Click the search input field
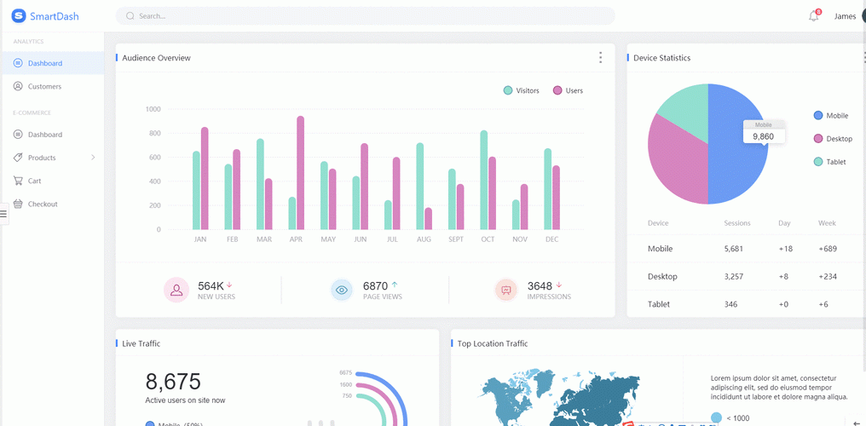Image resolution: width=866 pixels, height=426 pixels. (x=367, y=16)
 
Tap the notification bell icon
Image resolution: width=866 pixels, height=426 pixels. (x=813, y=16)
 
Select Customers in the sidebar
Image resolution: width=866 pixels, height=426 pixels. (x=44, y=86)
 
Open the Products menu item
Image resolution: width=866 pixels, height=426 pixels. (x=42, y=158)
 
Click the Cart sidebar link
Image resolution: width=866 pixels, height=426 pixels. (x=34, y=181)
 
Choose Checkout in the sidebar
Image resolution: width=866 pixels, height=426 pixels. (x=43, y=204)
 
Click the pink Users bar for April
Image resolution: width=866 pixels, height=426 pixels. (x=300, y=173)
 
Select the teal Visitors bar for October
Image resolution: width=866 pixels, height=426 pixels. (x=484, y=180)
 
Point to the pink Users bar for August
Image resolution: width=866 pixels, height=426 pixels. (x=428, y=219)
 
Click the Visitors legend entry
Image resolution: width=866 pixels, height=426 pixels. (x=521, y=90)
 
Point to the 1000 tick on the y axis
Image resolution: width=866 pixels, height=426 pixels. (x=153, y=109)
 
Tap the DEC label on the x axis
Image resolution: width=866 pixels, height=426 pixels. (x=551, y=239)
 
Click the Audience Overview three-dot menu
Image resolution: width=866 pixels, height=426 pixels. (x=600, y=58)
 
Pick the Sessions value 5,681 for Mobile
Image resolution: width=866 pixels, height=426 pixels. (x=733, y=249)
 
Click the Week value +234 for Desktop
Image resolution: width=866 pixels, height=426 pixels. (x=827, y=276)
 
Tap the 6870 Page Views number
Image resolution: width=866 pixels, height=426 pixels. (x=375, y=286)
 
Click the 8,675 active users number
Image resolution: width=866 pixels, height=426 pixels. (x=173, y=382)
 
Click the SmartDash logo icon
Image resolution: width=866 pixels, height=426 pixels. (x=19, y=16)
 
